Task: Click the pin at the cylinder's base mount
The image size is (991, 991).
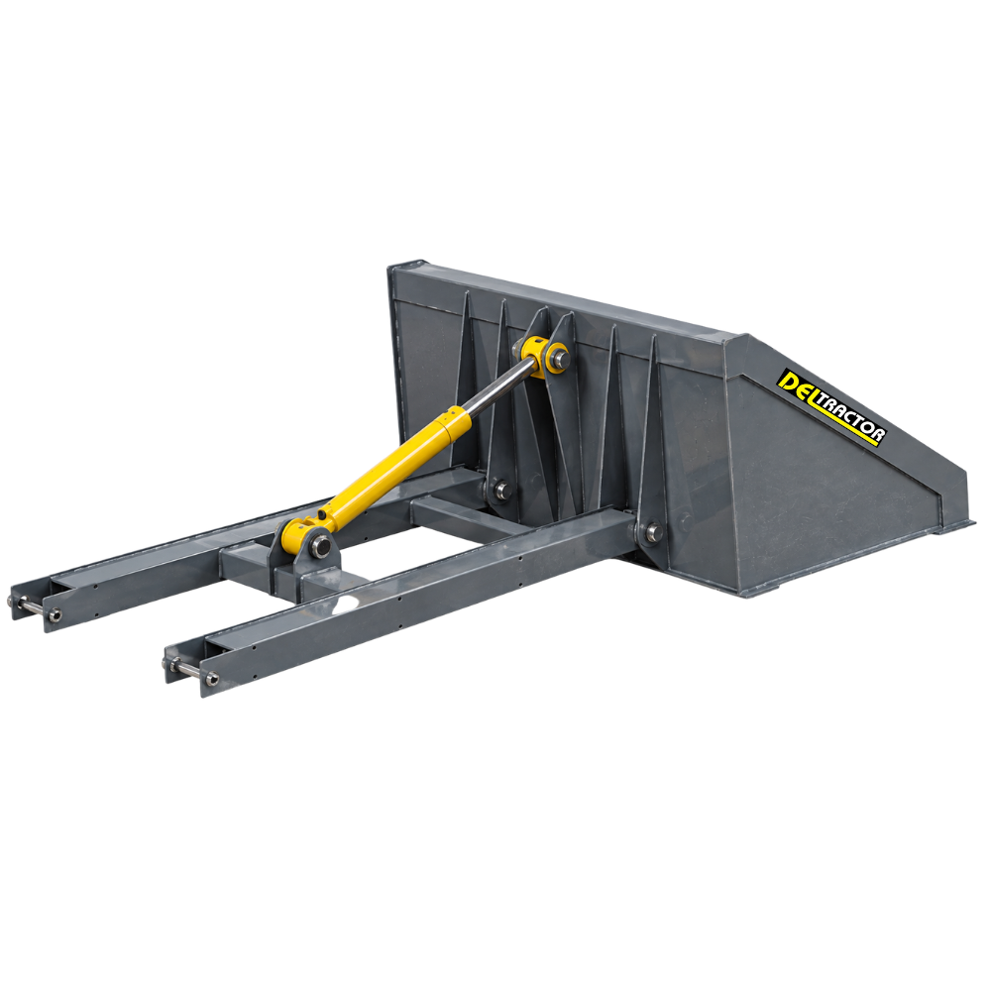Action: (x=322, y=543)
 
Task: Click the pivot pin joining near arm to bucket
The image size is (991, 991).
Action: (x=653, y=532)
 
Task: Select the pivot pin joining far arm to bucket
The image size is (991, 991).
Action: (x=501, y=488)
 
